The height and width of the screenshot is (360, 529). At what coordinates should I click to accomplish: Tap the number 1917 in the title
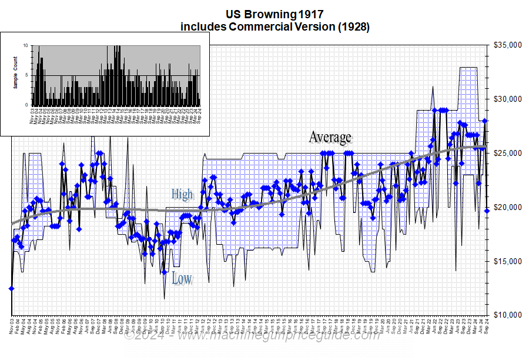[310, 13]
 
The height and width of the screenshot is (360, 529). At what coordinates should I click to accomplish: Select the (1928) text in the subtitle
[349, 26]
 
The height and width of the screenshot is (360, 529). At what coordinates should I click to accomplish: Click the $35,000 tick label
[506, 45]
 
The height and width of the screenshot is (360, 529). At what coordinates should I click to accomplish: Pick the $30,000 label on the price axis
[506, 99]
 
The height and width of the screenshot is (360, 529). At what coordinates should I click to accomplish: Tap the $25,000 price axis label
[506, 154]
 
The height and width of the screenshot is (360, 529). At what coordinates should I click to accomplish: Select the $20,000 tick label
[506, 208]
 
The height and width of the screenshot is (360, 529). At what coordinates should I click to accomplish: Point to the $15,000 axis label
[506, 261]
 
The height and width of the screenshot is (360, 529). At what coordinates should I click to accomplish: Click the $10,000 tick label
[506, 315]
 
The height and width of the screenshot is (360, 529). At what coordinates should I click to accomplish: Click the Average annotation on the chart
[330, 138]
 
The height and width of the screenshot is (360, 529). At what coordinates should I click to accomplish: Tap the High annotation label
[182, 194]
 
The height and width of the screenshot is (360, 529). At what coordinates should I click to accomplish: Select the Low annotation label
[182, 278]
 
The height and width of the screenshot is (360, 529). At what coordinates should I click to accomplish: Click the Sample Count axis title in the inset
[15, 72]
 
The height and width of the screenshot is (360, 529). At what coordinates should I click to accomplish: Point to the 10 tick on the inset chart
[25, 45]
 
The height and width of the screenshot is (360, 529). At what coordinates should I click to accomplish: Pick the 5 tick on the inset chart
[26, 75]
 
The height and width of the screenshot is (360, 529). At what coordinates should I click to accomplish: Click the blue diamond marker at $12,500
[11, 288]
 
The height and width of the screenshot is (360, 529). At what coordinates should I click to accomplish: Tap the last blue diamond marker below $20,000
[487, 211]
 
